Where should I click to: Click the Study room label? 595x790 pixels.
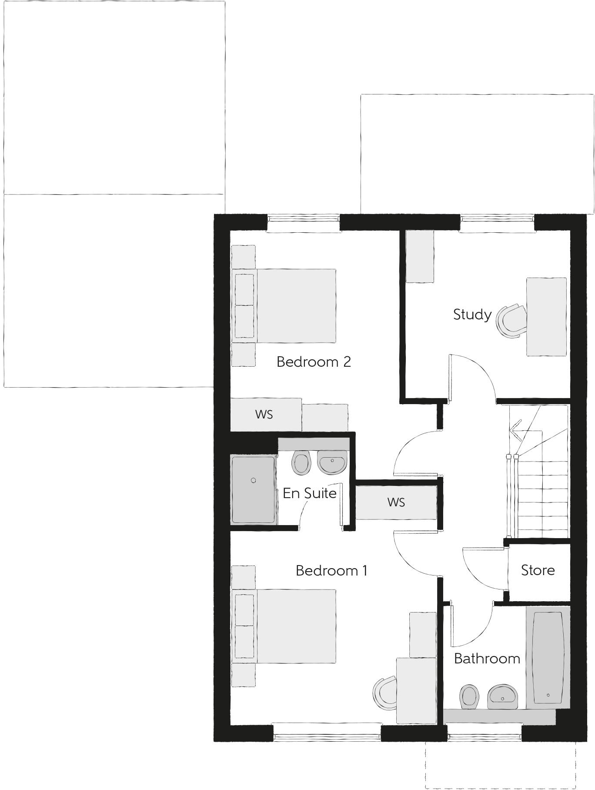[472, 315]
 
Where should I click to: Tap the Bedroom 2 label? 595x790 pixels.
[314, 362]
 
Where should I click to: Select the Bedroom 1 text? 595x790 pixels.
[331, 570]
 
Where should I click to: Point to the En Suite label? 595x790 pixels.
[309, 493]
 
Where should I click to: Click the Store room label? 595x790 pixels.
[538, 570]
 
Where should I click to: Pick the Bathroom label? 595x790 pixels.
[487, 659]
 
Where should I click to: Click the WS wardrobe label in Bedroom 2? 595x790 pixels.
[264, 414]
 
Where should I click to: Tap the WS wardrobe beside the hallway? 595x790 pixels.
[396, 502]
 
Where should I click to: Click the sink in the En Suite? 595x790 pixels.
[332, 462]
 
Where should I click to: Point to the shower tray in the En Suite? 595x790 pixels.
[254, 489]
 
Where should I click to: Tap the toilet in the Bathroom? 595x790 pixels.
[469, 695]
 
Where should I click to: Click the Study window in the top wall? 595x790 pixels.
[497, 223]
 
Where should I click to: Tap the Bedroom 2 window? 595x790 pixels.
[303, 223]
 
